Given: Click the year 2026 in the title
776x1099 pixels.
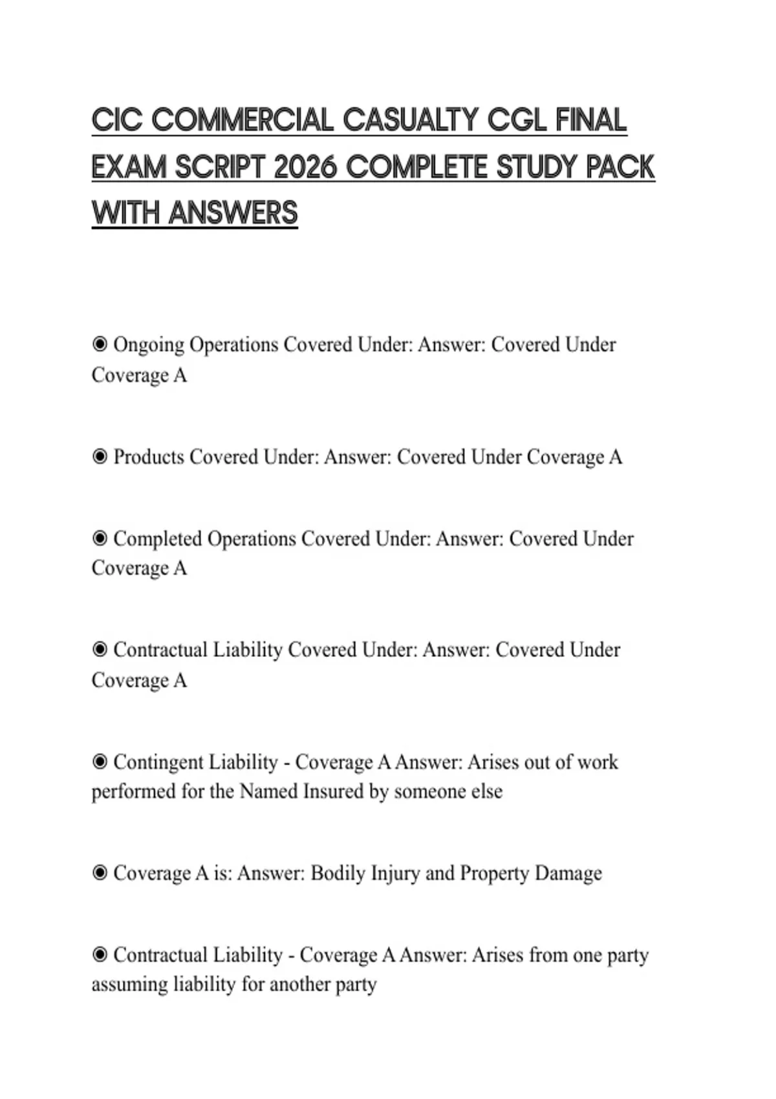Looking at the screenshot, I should click(x=305, y=167).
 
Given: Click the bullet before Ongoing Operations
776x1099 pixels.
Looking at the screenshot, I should click(x=100, y=344).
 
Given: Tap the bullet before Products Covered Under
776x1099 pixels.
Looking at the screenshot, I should click(x=100, y=457).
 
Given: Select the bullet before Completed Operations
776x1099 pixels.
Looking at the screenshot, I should click(x=100, y=538).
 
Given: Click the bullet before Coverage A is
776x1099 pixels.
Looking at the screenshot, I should click(x=100, y=873).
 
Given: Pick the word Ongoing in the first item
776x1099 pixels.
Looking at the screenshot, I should click(x=149, y=345).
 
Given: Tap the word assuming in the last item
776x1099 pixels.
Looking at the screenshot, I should click(x=129, y=985).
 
